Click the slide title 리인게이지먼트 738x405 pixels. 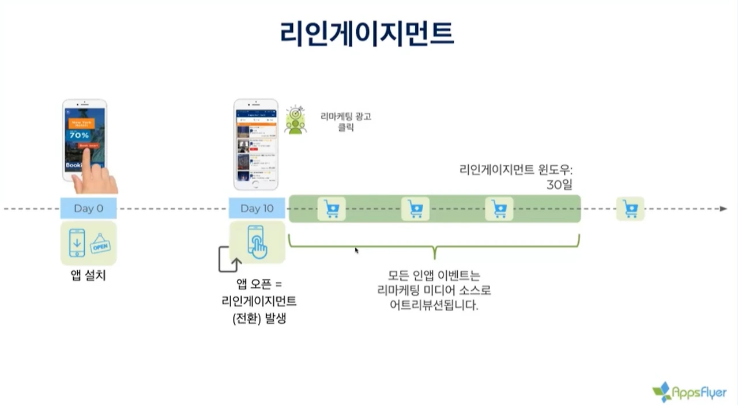(x=367, y=33)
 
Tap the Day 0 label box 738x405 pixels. (x=88, y=208)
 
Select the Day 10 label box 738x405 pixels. (x=257, y=208)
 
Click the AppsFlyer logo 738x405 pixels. (x=690, y=392)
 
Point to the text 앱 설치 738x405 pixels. (x=88, y=275)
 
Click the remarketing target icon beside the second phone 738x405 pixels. (x=296, y=120)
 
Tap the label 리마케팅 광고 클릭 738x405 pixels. (x=346, y=122)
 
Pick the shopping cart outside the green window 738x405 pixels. (x=630, y=209)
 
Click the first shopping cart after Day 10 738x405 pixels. (x=332, y=209)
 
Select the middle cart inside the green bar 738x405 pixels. (x=415, y=209)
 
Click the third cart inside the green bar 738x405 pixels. (x=499, y=209)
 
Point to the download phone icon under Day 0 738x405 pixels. (x=77, y=243)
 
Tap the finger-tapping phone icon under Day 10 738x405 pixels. (x=257, y=242)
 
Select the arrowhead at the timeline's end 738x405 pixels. (x=723, y=209)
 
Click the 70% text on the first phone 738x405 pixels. (x=80, y=135)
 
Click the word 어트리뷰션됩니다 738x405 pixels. (x=434, y=305)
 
